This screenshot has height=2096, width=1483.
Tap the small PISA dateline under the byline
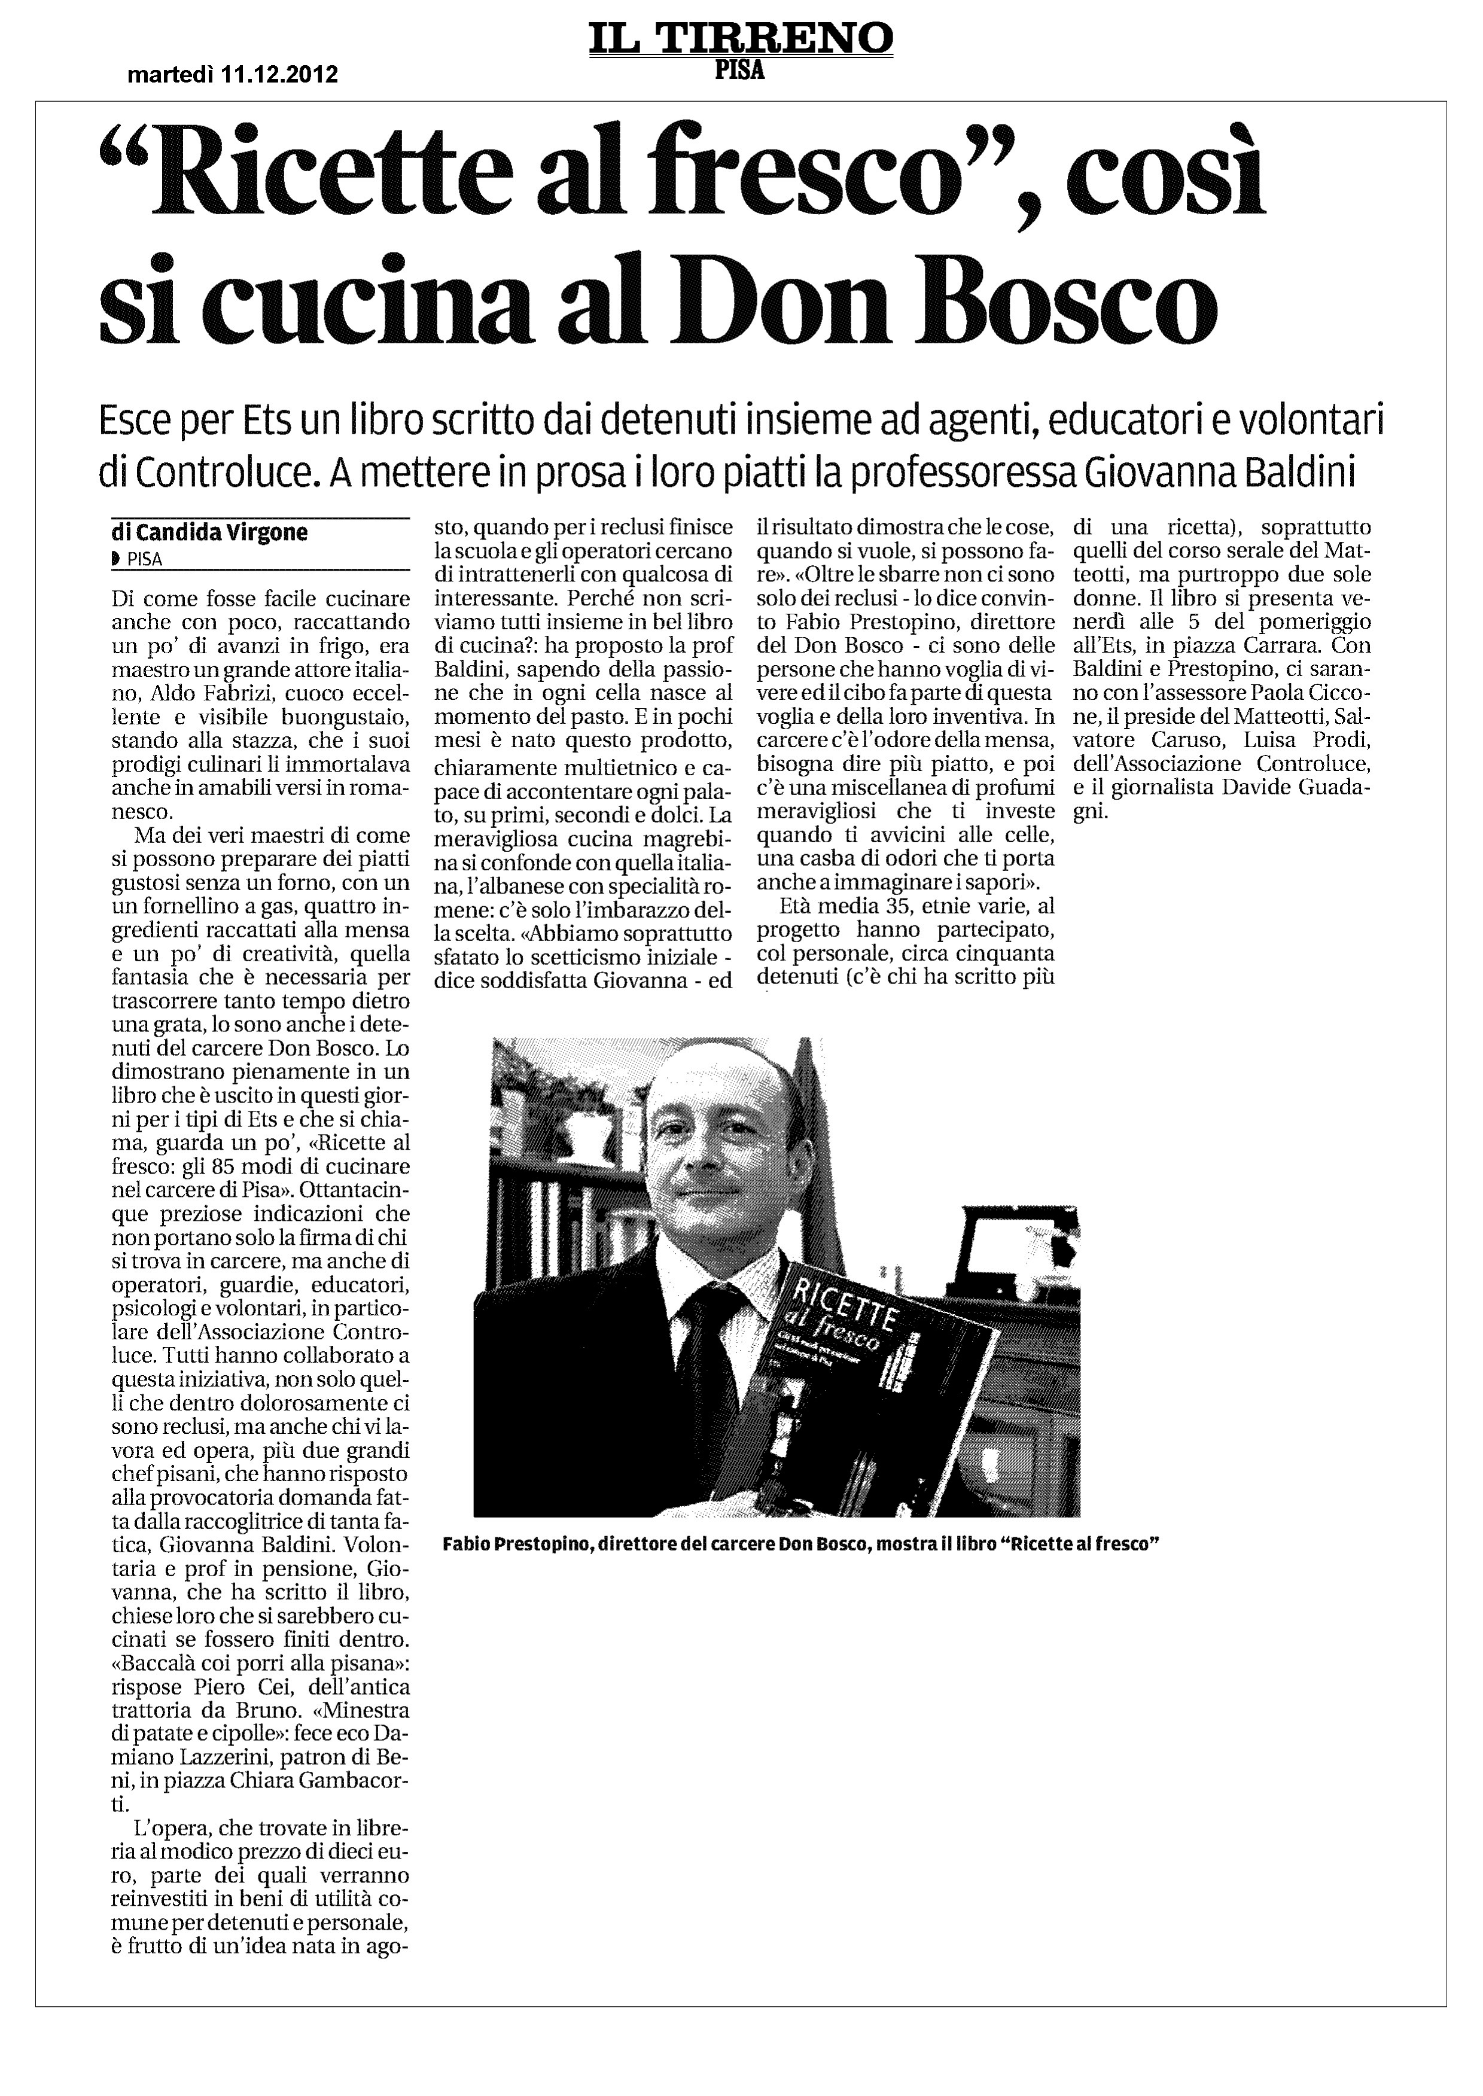[144, 560]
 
